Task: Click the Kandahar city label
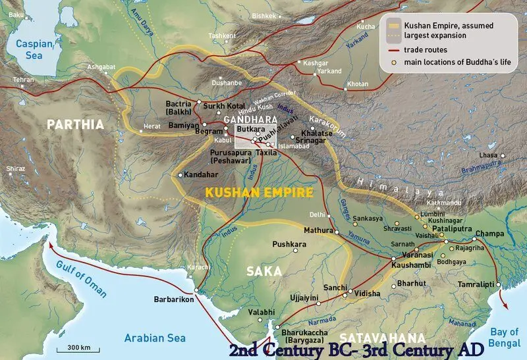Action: click(x=202, y=176)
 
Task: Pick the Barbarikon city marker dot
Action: click(x=196, y=290)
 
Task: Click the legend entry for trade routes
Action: click(x=428, y=49)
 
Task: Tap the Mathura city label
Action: click(x=312, y=230)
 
